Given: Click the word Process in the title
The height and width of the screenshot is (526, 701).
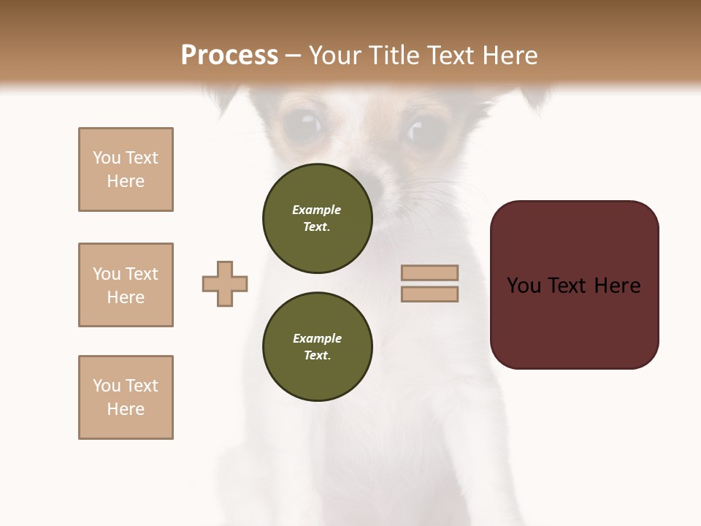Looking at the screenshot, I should tap(229, 56).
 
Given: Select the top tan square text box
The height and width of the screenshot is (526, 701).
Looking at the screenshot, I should tap(126, 169).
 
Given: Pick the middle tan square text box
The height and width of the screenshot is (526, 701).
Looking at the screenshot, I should tap(126, 285).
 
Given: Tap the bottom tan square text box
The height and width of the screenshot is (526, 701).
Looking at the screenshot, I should tap(126, 397).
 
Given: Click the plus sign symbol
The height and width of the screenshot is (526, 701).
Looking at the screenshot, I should tap(225, 283).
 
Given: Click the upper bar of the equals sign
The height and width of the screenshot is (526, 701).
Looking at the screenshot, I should tap(429, 272).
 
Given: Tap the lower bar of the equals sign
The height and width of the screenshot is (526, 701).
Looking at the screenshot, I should tap(429, 294).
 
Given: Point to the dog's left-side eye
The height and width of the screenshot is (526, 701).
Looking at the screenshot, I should tap(302, 125).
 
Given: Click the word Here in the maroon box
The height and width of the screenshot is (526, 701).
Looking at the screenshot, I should tap(617, 286).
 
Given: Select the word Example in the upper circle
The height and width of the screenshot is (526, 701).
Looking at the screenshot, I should tap(317, 210).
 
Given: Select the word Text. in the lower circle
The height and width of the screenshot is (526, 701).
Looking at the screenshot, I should tap(317, 356).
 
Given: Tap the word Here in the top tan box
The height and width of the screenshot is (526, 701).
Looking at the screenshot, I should tap(126, 181).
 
